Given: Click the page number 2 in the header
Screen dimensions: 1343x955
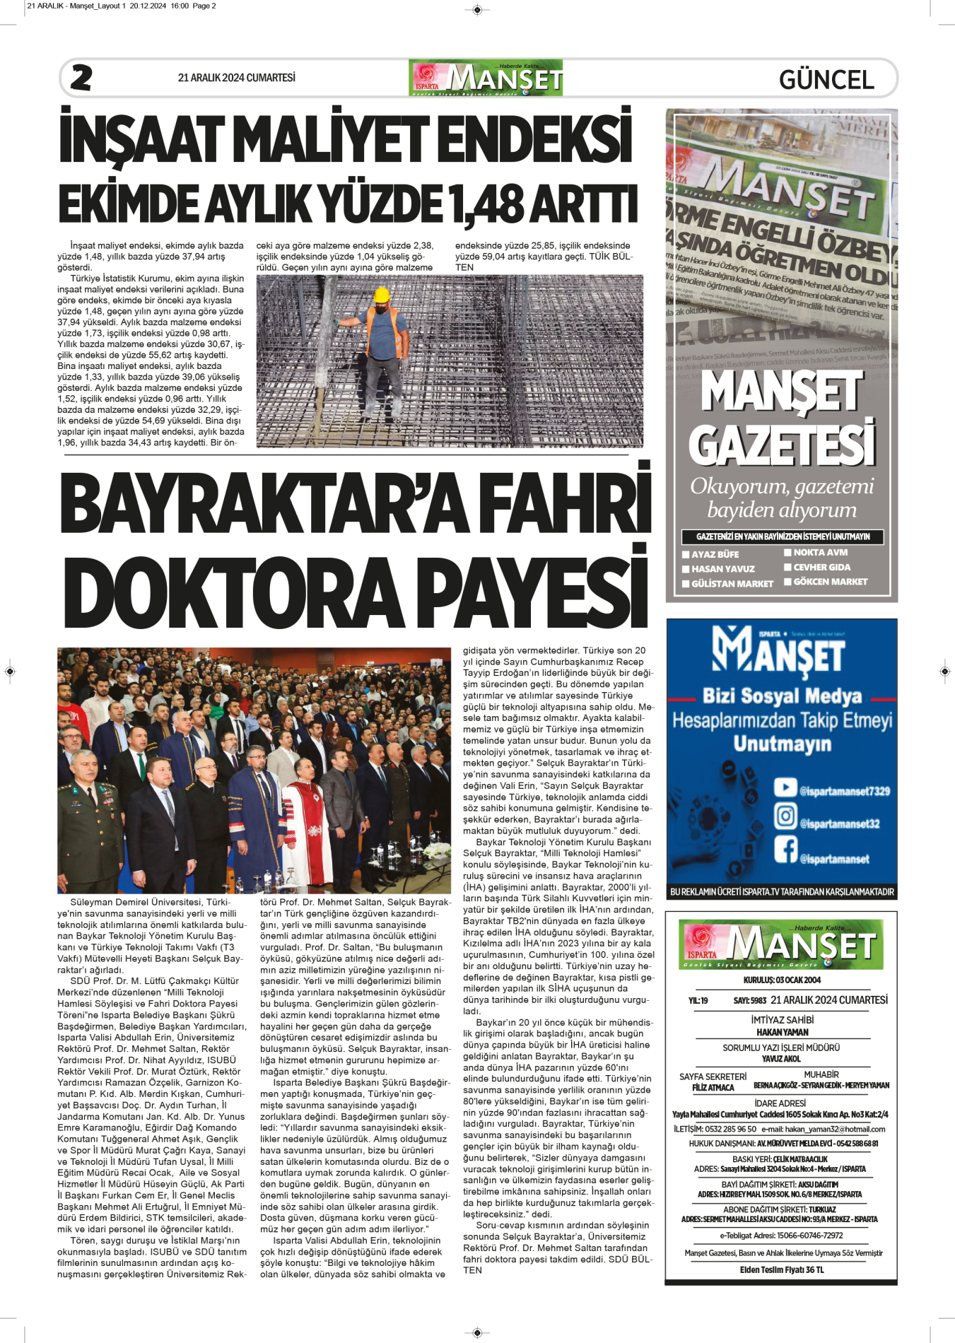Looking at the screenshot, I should pyautogui.click(x=81, y=78).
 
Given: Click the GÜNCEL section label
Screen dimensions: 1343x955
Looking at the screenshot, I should pyautogui.click(x=826, y=79).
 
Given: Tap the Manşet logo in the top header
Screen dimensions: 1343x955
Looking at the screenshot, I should pyautogui.click(x=486, y=78).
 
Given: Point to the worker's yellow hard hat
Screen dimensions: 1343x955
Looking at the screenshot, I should pyautogui.click(x=382, y=294).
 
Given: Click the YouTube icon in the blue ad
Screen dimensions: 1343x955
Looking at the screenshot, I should pyautogui.click(x=785, y=787).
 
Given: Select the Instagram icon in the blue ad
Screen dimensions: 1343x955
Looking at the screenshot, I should pyautogui.click(x=785, y=816).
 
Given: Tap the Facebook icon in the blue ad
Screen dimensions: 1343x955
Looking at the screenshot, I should pyautogui.click(x=785, y=849).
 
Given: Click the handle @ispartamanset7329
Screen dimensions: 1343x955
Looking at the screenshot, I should pyautogui.click(x=844, y=792).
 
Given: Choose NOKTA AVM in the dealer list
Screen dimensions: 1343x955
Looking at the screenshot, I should pyautogui.click(x=820, y=553).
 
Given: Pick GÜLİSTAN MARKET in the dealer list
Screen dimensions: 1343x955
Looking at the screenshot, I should pyautogui.click(x=732, y=584).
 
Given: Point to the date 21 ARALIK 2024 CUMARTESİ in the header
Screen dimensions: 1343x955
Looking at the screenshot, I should pyautogui.click(x=236, y=78).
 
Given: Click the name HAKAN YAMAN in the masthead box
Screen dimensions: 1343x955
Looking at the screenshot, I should pyautogui.click(x=782, y=1032).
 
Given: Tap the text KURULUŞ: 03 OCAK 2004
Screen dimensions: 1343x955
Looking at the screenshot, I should pyautogui.click(x=782, y=980).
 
